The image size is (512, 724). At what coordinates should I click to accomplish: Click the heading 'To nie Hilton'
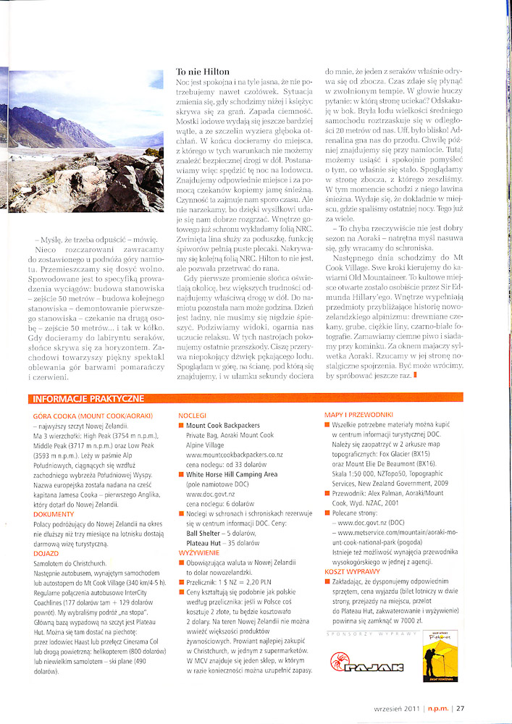click(x=203, y=72)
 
